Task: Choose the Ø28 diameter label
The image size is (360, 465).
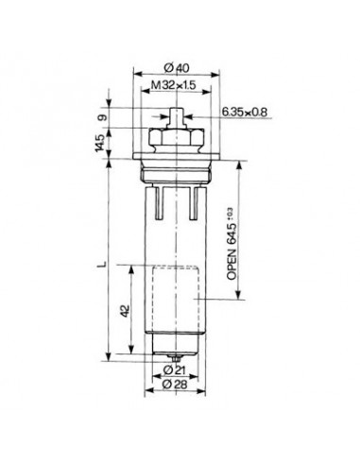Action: coord(174,386)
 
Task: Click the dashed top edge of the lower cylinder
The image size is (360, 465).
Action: coord(174,268)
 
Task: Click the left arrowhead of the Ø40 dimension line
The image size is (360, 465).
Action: coord(140,73)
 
